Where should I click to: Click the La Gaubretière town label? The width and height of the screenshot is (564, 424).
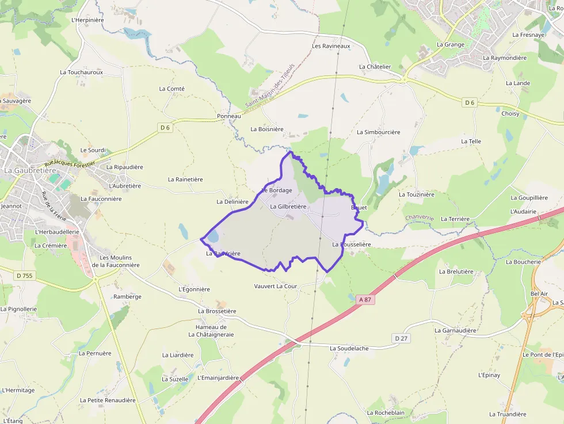click(x=30, y=170)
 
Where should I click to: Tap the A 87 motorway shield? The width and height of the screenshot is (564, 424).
click(x=365, y=299)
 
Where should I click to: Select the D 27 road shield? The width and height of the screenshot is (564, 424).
click(x=401, y=338)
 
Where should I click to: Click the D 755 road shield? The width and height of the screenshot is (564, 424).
click(x=25, y=276)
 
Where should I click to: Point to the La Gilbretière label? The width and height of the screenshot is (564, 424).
click(x=288, y=207)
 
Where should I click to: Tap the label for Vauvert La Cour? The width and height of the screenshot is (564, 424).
click(x=275, y=286)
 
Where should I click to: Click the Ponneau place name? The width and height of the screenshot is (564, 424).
click(x=229, y=116)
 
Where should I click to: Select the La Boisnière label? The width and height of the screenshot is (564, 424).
click(x=267, y=129)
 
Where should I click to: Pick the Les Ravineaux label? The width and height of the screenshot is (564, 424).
click(x=331, y=46)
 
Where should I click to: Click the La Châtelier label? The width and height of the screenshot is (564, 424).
click(x=375, y=67)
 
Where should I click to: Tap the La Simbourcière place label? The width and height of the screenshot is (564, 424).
click(x=378, y=132)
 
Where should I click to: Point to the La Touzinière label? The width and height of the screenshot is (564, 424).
click(x=417, y=194)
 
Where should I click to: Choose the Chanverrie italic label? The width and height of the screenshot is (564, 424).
click(x=420, y=217)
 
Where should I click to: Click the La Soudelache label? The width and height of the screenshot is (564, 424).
click(x=349, y=349)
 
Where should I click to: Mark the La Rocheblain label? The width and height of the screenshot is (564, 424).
click(x=386, y=412)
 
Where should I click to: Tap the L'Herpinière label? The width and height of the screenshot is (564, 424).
click(x=87, y=20)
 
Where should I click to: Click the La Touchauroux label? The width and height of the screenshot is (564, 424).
click(x=81, y=72)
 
